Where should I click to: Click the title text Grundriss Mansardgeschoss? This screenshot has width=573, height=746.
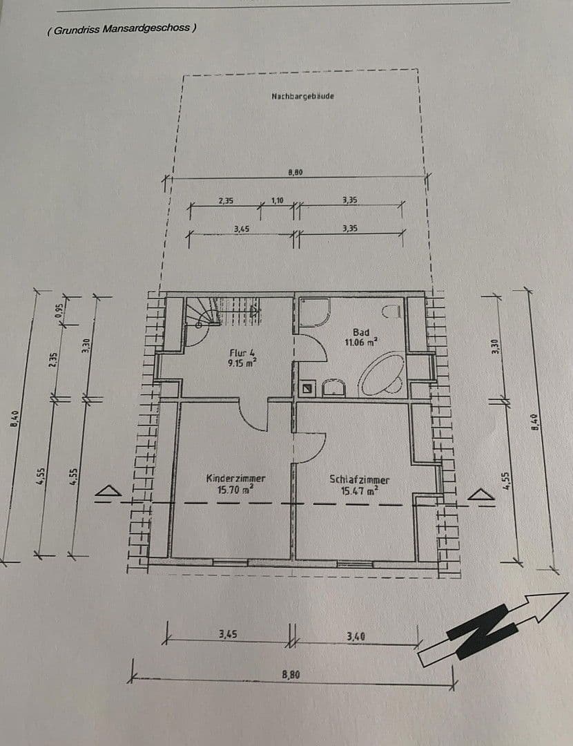[122, 29]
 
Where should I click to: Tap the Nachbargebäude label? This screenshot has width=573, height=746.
[303, 96]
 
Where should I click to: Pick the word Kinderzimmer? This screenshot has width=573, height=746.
[235, 478]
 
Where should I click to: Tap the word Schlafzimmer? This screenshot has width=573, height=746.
[359, 479]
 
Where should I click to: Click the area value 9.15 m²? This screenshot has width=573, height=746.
[242, 361]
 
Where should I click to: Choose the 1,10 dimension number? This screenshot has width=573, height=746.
[278, 200]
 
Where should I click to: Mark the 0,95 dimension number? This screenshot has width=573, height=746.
[59, 311]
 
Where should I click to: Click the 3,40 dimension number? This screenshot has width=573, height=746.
[356, 635]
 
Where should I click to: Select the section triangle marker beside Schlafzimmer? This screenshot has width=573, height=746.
[481, 494]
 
